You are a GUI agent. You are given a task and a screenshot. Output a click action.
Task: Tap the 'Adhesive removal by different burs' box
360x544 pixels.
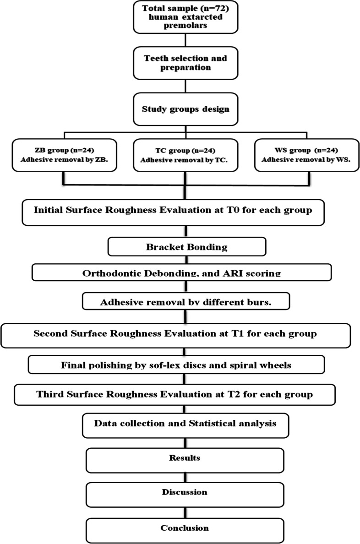(185, 302)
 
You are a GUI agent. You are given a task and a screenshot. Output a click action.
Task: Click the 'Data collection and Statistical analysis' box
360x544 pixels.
(185, 423)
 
